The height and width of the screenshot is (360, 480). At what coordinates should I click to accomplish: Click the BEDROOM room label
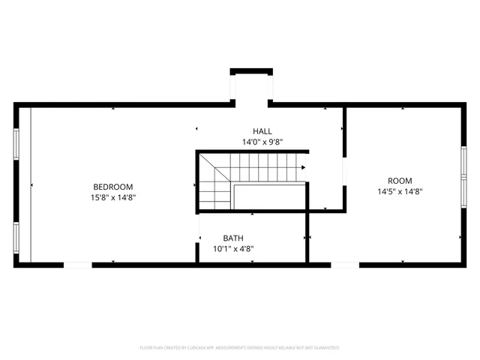(112, 187)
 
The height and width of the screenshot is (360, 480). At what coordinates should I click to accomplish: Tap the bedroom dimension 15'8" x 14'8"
(112, 197)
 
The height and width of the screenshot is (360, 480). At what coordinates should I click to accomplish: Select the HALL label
(262, 130)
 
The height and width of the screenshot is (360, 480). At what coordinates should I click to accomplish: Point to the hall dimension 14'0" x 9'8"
(262, 141)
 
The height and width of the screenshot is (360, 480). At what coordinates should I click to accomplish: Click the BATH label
(232, 238)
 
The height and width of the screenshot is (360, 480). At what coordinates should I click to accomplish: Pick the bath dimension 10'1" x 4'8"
(232, 249)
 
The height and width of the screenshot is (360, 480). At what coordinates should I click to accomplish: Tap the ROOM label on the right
(399, 180)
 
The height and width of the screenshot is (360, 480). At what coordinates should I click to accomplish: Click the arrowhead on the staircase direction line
(302, 168)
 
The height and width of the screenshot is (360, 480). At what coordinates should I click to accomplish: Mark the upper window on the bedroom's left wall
(16, 143)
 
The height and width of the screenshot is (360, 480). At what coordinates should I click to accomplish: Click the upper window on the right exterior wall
(464, 161)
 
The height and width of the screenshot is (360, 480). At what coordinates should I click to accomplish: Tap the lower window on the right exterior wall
(464, 194)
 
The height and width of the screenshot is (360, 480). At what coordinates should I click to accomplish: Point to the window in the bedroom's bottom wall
(77, 263)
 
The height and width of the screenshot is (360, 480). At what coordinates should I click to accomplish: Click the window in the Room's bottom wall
(345, 263)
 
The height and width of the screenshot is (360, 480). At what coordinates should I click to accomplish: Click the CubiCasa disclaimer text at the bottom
(240, 348)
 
